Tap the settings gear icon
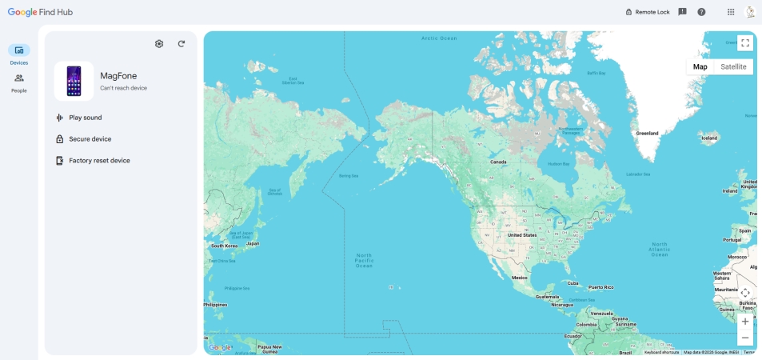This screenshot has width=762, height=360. click(159, 44)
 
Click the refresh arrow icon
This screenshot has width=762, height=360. click(182, 44)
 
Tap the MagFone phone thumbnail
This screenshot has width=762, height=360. click(74, 81)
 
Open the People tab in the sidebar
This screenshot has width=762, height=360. click(19, 82)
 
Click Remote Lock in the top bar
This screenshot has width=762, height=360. click(647, 12)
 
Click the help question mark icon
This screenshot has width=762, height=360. click(701, 12)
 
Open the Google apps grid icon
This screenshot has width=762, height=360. click(731, 12)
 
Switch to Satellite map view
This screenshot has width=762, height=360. click(733, 66)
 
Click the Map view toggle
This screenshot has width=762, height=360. click(700, 66)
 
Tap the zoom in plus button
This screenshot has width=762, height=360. click(745, 322)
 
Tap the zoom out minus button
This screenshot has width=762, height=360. click(745, 338)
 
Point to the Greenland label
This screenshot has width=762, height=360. click(647, 134)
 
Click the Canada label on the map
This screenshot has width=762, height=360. click(498, 162)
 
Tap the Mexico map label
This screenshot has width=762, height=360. click(519, 278)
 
